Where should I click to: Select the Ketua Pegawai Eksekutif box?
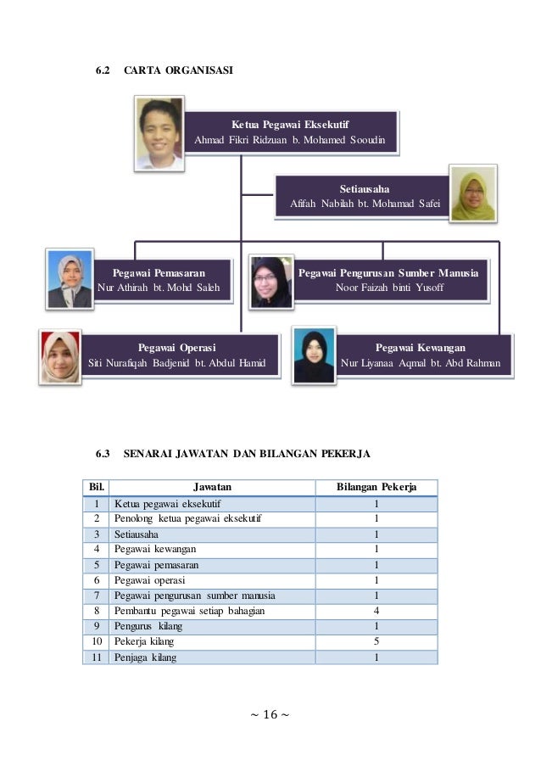click(x=290, y=131)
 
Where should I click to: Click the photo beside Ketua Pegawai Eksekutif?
click(x=159, y=133)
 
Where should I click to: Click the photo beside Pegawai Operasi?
click(x=61, y=357)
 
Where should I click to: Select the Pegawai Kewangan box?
click(x=420, y=355)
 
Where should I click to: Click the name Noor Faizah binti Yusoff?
click(x=389, y=288)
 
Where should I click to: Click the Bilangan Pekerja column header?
click(x=376, y=487)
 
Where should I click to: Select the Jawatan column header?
click(x=211, y=487)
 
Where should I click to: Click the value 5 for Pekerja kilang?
click(x=376, y=641)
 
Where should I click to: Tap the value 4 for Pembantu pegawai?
click(x=376, y=611)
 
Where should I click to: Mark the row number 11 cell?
click(x=96, y=657)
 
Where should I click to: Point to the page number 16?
click(x=270, y=714)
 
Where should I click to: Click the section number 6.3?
click(x=103, y=455)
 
